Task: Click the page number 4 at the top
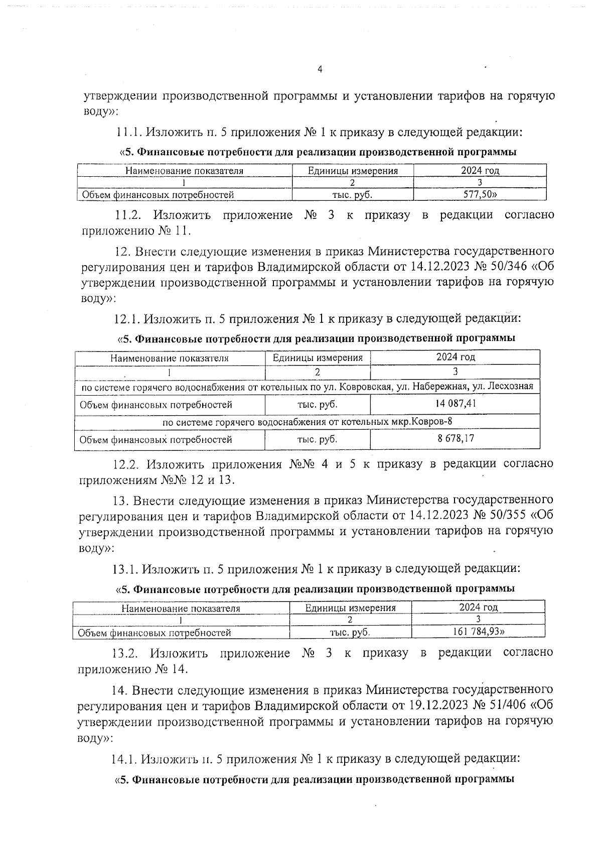pos(320,70)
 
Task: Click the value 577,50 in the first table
pos(476,194)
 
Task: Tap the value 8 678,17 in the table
pos(456,438)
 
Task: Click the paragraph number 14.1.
pos(124,758)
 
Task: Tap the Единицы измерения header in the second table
pos(317,358)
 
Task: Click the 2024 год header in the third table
pos(478,607)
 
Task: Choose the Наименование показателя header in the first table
pos(184,171)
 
